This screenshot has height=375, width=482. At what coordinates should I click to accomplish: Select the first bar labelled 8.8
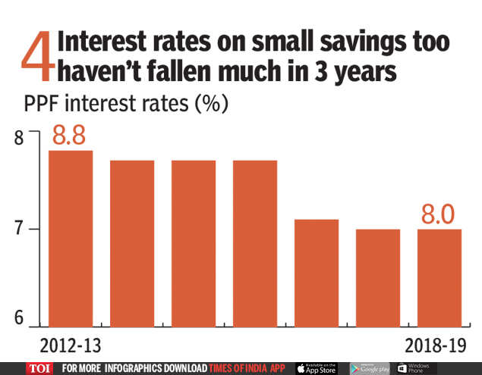(x=71, y=239)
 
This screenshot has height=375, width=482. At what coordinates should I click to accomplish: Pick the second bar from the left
(x=132, y=243)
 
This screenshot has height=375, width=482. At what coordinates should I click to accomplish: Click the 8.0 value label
(x=438, y=214)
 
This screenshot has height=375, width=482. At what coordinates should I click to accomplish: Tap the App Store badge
(x=317, y=368)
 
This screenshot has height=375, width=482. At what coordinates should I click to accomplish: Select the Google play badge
(x=370, y=368)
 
